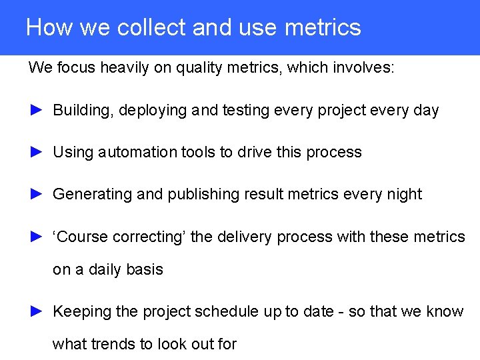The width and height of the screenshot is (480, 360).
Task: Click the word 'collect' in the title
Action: tap(152, 27)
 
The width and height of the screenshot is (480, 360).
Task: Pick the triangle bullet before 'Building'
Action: tap(37, 110)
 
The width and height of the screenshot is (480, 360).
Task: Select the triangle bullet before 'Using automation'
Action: tap(37, 152)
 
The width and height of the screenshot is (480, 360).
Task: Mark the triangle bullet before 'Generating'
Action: tap(37, 194)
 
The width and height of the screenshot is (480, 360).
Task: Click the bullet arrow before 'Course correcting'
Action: tap(37, 236)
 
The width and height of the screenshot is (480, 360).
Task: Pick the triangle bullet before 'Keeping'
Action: tap(37, 311)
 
